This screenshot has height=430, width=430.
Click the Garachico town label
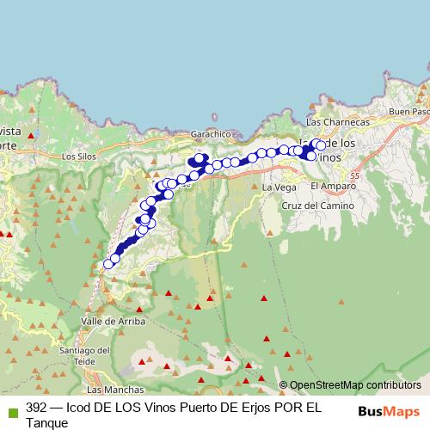pos(212,134)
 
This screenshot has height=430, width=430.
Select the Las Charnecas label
pos(338,123)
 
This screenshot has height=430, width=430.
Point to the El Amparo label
pos(329,186)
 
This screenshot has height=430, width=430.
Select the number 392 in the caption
pos(37,407)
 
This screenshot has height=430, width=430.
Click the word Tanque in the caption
pos(47,422)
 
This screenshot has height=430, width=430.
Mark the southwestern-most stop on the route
pos(108,265)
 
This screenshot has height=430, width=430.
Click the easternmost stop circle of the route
pos(321,145)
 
